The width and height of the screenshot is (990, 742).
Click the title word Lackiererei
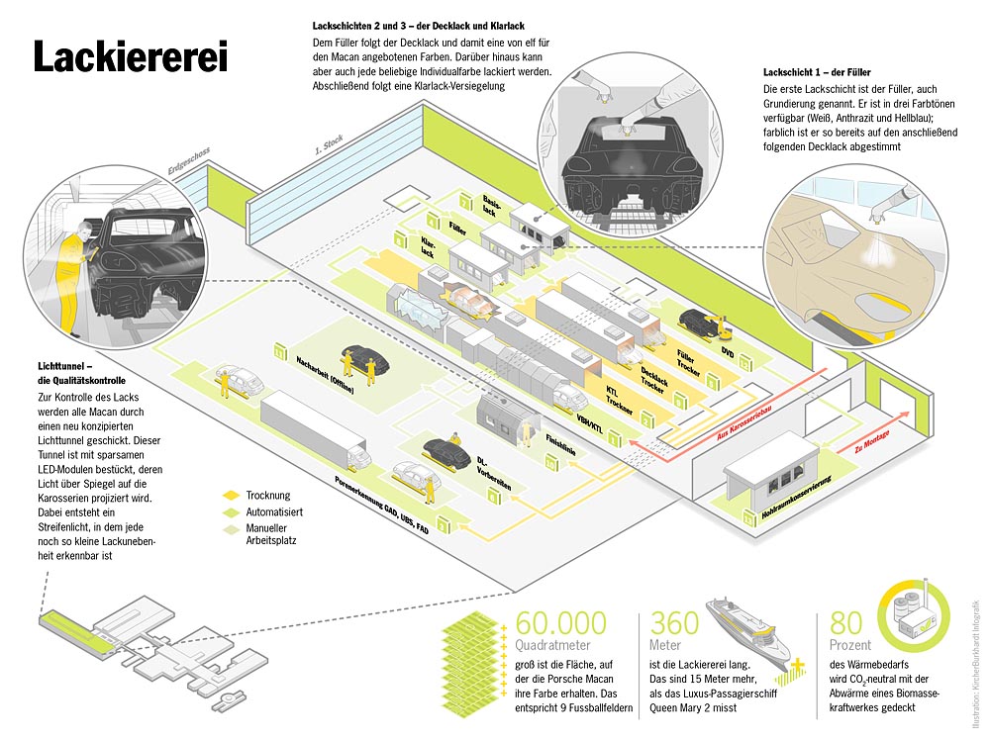click(x=131, y=56)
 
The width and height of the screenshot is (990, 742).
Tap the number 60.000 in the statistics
click(x=561, y=624)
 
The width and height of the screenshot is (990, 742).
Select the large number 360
click(x=674, y=624)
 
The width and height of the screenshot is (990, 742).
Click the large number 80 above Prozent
click(x=847, y=624)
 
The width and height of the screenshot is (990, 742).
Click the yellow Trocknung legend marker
click(x=231, y=495)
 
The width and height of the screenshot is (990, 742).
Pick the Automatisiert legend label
click(x=274, y=512)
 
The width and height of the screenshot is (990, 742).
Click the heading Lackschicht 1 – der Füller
click(x=818, y=73)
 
